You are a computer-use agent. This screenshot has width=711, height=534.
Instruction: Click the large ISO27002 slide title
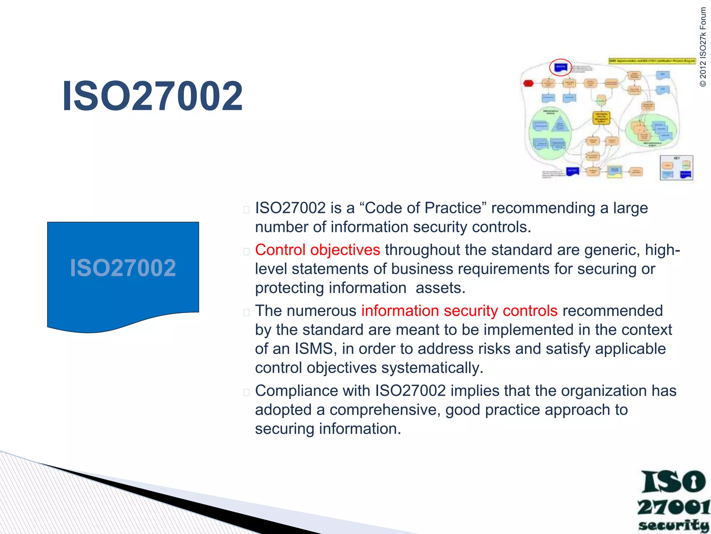coord(152,96)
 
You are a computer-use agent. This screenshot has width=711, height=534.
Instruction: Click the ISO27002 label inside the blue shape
coord(123,268)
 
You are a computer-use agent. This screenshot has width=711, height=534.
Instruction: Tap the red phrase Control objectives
coord(317,250)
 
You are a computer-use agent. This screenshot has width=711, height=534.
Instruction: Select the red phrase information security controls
coord(459,311)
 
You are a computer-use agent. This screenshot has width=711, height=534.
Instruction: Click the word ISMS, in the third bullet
coord(316,349)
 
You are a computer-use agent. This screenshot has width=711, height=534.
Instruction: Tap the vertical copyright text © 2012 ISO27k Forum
coord(703,47)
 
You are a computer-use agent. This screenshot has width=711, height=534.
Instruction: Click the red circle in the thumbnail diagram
coord(560,67)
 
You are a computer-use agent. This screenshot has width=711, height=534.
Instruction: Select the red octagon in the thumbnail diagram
coord(528,83)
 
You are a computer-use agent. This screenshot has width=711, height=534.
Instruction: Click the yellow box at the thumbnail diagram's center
coord(601,118)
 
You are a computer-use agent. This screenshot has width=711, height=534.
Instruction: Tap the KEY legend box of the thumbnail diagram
coord(676,168)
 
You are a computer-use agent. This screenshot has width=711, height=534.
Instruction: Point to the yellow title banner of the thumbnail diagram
coord(652,61)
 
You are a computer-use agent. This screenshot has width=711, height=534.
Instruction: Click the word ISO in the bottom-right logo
coord(673,482)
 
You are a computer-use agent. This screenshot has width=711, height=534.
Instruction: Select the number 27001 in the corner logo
coord(673,507)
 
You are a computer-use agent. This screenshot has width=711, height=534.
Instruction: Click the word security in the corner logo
coord(673,525)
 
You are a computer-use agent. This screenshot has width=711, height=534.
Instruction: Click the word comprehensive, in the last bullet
coord(385,410)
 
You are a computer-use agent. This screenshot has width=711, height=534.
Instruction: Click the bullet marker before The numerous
coord(246,312)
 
